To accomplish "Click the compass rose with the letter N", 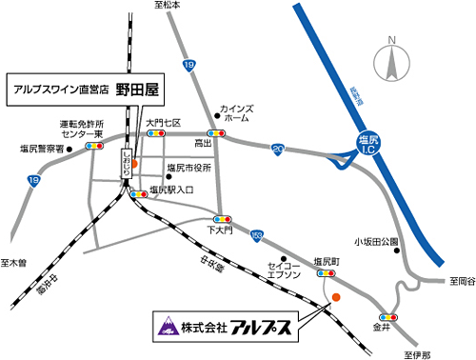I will (x=391, y=62).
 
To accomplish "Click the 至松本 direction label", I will (x=166, y=6).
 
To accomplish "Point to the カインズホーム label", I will (x=234, y=114).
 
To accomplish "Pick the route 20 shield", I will (x=276, y=148).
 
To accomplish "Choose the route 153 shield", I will (x=256, y=233).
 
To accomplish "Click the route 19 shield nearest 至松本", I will (x=189, y=65).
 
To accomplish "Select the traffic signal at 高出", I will (x=218, y=133).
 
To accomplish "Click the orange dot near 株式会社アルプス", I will (x=335, y=298).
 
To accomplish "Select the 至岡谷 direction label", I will (x=460, y=281).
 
